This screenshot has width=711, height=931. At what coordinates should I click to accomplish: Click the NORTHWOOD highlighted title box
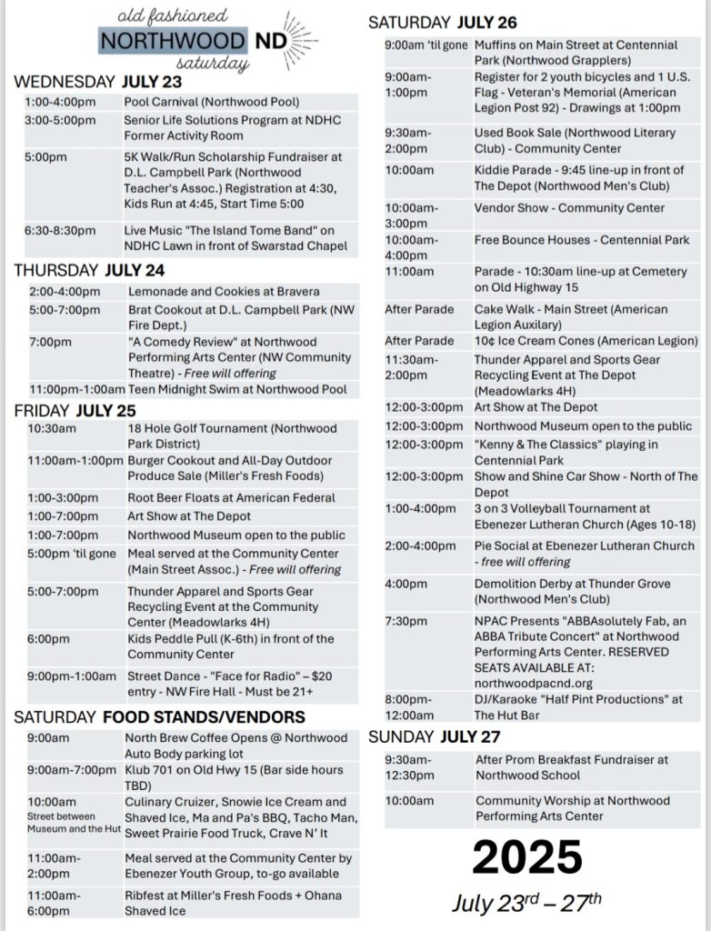click(x=173, y=41)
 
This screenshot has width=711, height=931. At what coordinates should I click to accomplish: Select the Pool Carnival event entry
click(x=212, y=102)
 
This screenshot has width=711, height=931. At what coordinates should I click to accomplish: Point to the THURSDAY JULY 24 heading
click(x=89, y=270)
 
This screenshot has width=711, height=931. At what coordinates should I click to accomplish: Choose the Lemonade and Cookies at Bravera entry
click(x=224, y=292)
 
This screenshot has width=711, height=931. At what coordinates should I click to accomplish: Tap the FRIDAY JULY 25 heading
click(x=75, y=410)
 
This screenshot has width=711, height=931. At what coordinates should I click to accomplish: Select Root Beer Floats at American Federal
click(x=231, y=498)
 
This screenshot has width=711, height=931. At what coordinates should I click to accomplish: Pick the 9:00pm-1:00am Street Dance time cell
click(x=72, y=676)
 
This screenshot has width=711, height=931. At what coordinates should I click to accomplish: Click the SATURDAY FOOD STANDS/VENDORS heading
click(x=159, y=717)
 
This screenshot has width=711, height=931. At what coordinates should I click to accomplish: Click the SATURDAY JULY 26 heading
click(x=442, y=23)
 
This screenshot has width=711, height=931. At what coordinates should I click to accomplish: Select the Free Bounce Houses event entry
click(x=582, y=241)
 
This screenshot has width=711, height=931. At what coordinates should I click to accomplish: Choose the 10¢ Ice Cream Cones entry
click(x=586, y=341)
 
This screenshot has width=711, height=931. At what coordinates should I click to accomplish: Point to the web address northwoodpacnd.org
click(x=533, y=683)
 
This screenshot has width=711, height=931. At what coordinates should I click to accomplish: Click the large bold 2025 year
click(x=527, y=857)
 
